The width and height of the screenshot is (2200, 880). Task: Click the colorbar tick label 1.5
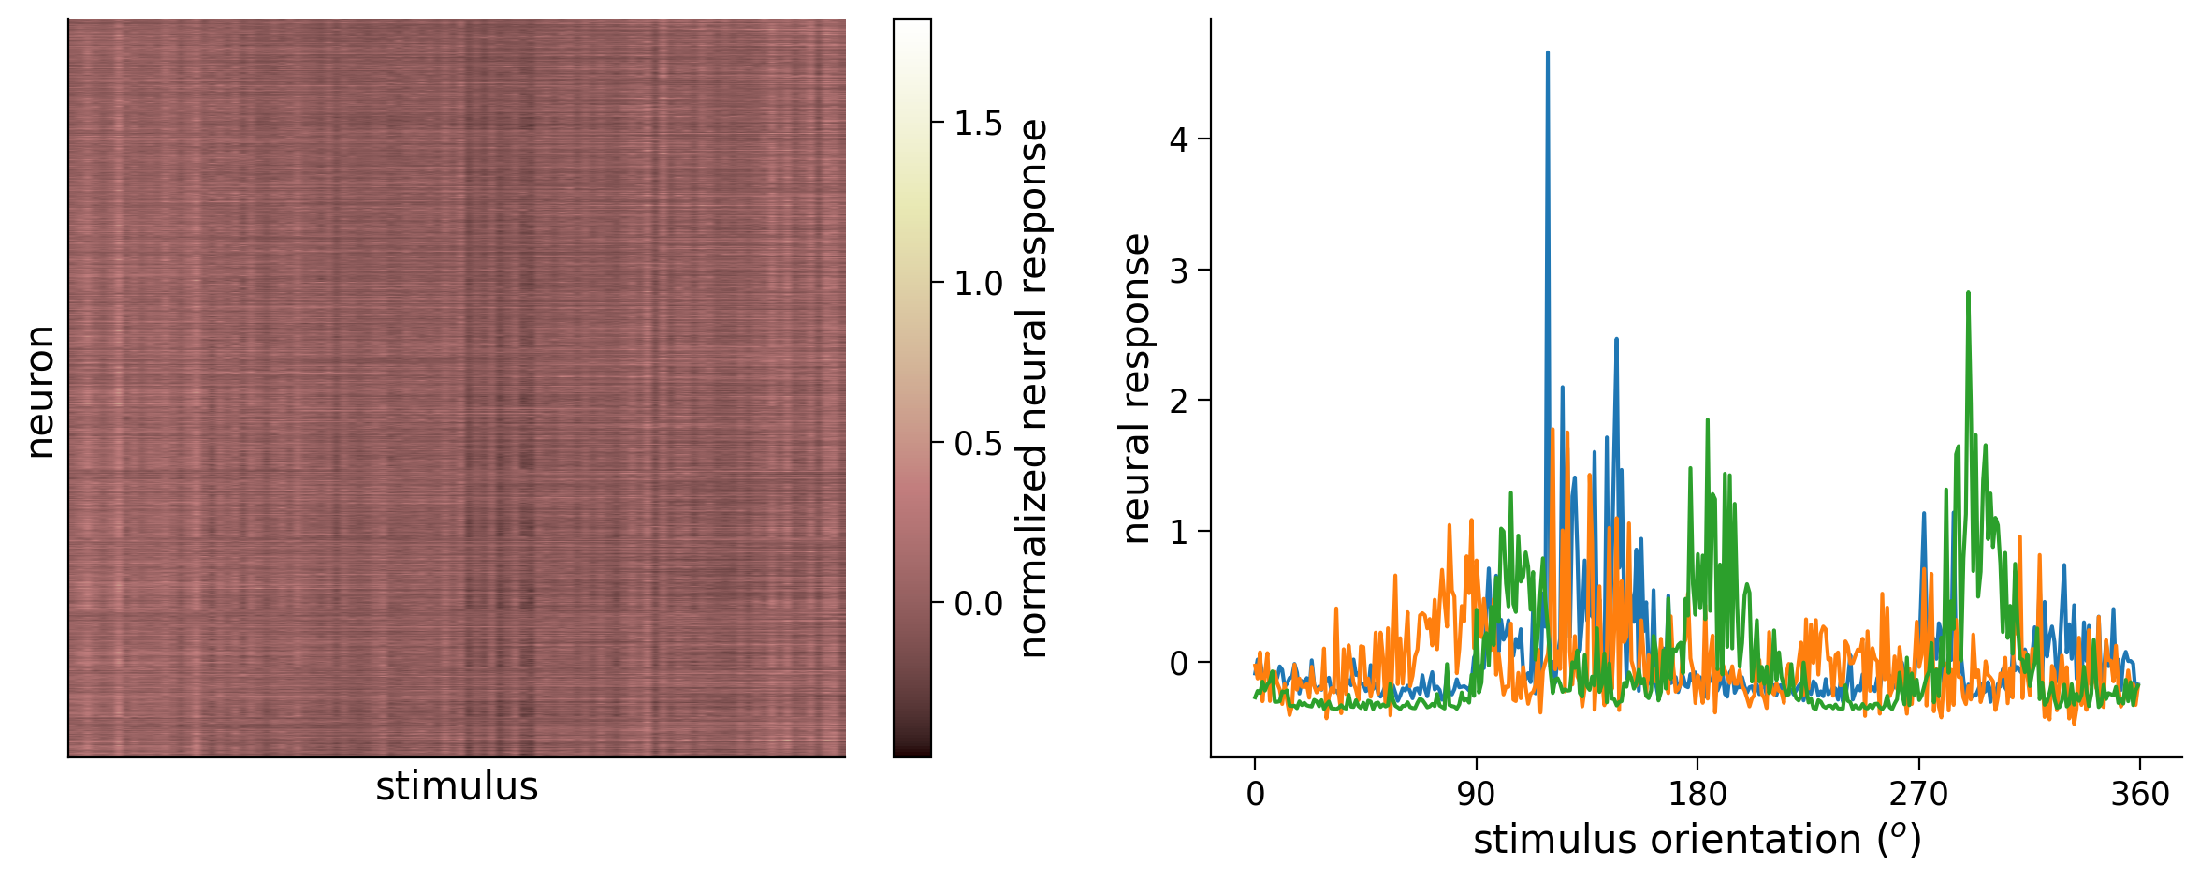pyautogui.click(x=978, y=124)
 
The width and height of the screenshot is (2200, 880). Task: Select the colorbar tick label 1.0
pyautogui.click(x=978, y=284)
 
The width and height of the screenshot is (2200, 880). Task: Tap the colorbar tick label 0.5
pyautogui.click(x=978, y=444)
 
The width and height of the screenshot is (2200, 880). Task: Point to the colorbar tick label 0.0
pyautogui.click(x=978, y=604)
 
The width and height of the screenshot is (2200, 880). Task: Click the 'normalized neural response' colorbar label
pyautogui.click(x=1033, y=388)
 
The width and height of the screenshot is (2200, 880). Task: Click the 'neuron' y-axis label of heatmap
pyautogui.click(x=40, y=392)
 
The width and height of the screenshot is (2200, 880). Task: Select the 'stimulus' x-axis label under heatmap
pyautogui.click(x=457, y=787)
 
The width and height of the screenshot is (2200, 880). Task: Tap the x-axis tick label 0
pyautogui.click(x=1255, y=795)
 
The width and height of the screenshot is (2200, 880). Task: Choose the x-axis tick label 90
pyautogui.click(x=1476, y=795)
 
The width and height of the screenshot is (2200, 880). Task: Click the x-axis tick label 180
pyautogui.click(x=1697, y=795)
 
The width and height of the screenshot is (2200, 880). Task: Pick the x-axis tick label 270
pyautogui.click(x=1918, y=795)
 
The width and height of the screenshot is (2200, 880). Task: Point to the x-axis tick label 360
pyautogui.click(x=2139, y=795)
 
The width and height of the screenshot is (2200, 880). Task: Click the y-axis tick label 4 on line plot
pyautogui.click(x=1179, y=140)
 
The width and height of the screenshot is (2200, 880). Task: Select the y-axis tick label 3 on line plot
pyautogui.click(x=1179, y=271)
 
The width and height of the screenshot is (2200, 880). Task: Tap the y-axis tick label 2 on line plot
pyautogui.click(x=1179, y=402)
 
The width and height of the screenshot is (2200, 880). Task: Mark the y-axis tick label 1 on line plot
pyautogui.click(x=1179, y=533)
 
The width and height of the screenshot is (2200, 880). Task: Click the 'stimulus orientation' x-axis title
pyautogui.click(x=1697, y=840)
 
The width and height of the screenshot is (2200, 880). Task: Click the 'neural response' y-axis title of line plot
pyautogui.click(x=1136, y=388)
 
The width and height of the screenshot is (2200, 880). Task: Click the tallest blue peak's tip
pyautogui.click(x=1548, y=52)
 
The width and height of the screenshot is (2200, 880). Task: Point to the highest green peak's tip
pyautogui.click(x=1969, y=292)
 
